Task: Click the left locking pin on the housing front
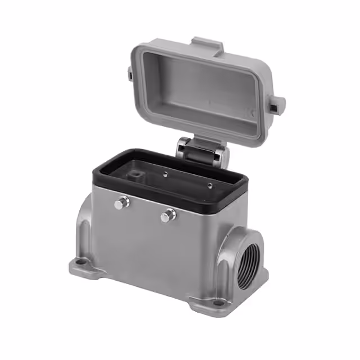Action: (x=121, y=203)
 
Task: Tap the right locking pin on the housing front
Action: (x=168, y=215)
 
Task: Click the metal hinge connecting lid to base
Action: (x=201, y=151)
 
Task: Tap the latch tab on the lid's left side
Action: (x=129, y=73)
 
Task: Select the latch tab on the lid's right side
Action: (x=276, y=104)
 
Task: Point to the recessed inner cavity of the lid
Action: (x=202, y=93)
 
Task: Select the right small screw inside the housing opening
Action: (x=209, y=185)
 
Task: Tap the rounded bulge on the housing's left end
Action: (x=84, y=225)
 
